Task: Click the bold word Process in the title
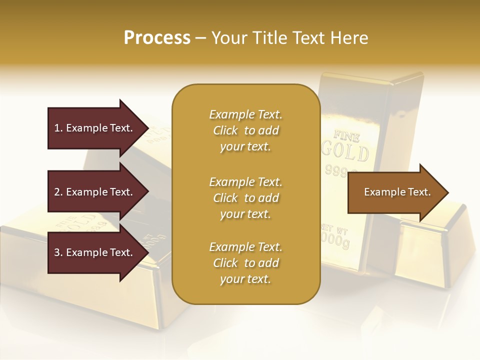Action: coord(157,38)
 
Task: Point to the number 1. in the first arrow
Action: coord(58,128)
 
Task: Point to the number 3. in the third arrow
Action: coord(58,252)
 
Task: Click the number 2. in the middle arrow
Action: coord(58,192)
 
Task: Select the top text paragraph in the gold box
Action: coord(245,130)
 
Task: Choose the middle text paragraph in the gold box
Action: coord(245,197)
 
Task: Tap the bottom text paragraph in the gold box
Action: coord(245,263)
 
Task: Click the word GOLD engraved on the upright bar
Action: coord(345,151)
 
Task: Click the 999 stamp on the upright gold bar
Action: coord(336,171)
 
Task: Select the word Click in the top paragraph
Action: coord(225,130)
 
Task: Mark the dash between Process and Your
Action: coord(200,38)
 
